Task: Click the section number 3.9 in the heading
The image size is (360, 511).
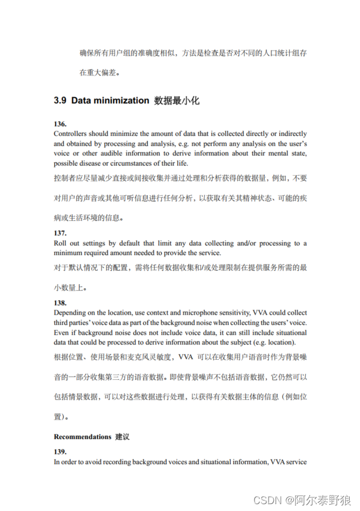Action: [60, 100]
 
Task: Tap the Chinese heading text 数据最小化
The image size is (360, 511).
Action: [177, 100]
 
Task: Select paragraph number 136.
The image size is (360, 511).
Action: [60, 124]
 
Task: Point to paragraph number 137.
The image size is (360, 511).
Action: [60, 233]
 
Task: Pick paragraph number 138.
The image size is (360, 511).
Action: [60, 303]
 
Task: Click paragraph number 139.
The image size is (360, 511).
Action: [60, 452]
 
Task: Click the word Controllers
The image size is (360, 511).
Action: [71, 134]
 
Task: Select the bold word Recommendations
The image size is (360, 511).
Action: [82, 437]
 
